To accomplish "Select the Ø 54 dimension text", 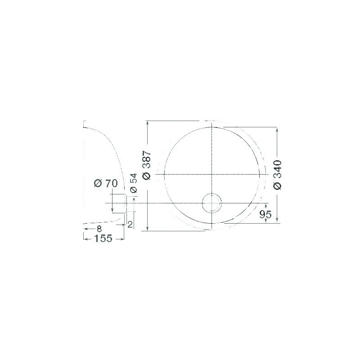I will (x=133, y=184).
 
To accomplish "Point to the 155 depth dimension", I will (x=103, y=238).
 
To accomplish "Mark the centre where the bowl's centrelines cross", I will (x=211, y=174).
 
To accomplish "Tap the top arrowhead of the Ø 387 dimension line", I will (x=148, y=123).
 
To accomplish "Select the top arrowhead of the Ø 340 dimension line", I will (x=277, y=128).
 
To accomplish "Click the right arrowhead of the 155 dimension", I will (x=121, y=238).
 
